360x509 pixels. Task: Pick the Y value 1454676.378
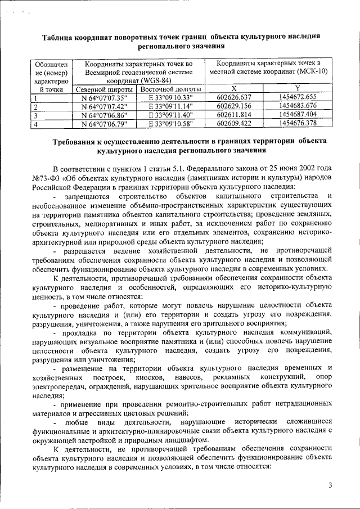pos(298,123)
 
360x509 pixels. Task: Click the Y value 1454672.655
pos(298,97)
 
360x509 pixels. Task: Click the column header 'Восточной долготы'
pos(170,89)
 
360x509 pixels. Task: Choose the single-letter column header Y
pos(298,89)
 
